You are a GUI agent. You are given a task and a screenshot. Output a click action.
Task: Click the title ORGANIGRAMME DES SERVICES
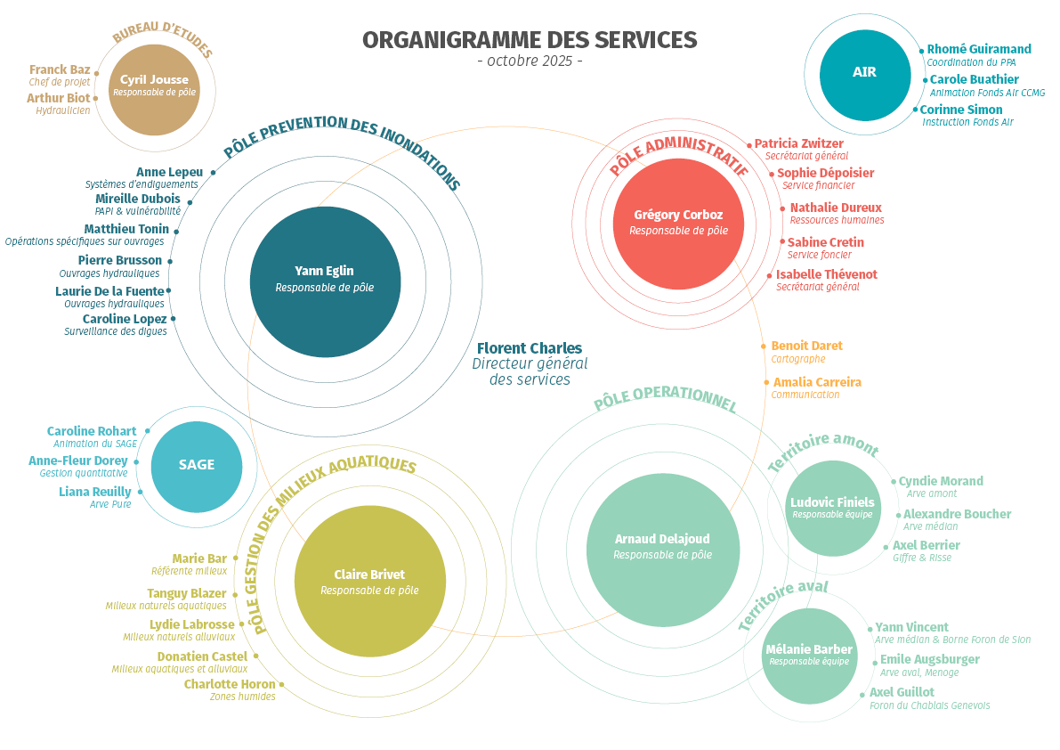point(530,40)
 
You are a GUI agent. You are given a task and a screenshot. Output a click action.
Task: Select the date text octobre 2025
point(530,61)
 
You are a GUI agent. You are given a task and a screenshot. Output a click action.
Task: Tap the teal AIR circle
point(864,72)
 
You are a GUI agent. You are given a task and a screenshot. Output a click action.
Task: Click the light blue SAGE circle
point(196,465)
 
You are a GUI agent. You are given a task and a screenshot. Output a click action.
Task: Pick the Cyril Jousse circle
point(155,86)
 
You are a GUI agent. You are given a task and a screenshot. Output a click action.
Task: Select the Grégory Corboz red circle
point(678,221)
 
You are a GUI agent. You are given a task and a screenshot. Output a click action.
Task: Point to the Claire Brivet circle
point(369,582)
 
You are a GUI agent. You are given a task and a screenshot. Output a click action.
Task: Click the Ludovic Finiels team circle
point(832,508)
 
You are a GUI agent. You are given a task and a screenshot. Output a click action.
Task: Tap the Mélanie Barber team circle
point(809,656)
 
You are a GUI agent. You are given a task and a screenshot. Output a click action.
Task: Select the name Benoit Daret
point(806,346)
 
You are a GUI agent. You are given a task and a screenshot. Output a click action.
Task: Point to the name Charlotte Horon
point(230,684)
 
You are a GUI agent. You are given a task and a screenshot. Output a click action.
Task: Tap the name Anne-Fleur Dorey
point(78,461)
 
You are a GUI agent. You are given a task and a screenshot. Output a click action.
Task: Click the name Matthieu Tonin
point(126,229)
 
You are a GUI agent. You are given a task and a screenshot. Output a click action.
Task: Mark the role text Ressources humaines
point(837,220)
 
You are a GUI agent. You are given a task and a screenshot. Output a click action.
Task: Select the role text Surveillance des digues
point(116,331)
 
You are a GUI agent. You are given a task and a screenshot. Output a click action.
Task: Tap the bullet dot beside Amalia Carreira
point(765,382)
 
